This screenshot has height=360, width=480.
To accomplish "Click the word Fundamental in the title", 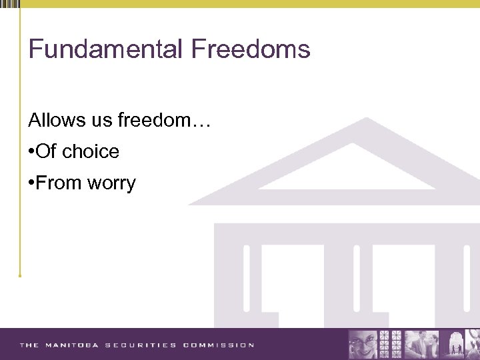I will (106, 49).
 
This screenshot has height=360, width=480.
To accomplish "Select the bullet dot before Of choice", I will (31, 152).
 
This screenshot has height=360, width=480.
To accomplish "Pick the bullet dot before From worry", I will (31, 183).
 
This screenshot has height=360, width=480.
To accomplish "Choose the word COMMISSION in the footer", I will (218, 345).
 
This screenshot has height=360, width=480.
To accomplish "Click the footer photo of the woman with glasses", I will (364, 344).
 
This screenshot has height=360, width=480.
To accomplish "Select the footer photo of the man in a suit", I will (422, 344).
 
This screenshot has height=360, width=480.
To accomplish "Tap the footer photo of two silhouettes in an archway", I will (461, 344).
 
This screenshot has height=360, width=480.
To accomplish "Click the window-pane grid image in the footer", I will (391, 344).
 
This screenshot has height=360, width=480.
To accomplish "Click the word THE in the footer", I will (29, 345).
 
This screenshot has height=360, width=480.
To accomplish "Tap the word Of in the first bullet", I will (46, 152).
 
